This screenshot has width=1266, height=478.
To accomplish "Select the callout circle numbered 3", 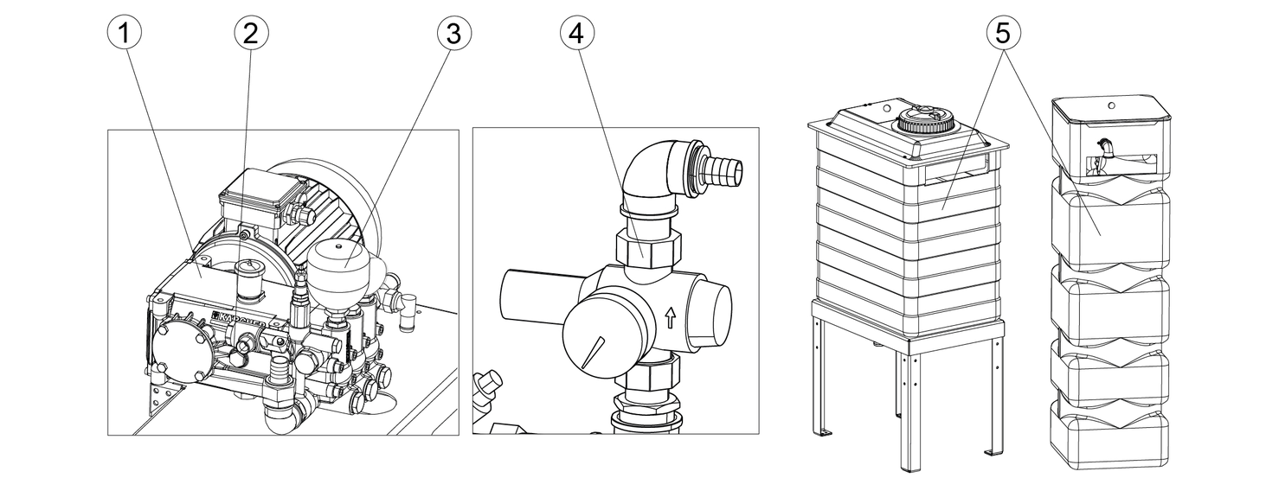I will click(x=453, y=35).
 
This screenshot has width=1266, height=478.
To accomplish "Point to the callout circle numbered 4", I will click(x=577, y=35).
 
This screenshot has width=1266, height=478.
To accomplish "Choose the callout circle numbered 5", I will click(x=1003, y=35).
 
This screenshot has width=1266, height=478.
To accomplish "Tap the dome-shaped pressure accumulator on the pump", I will click(x=339, y=264).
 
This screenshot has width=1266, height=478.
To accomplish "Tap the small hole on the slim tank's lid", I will click(x=1110, y=106).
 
